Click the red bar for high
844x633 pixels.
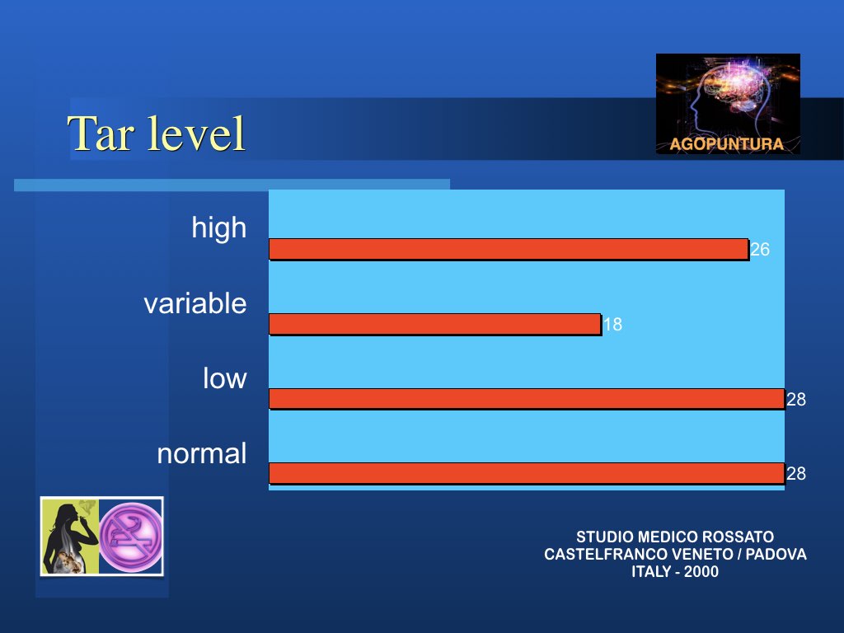[x=509, y=249]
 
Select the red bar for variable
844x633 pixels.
[x=435, y=324]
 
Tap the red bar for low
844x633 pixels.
[x=527, y=399]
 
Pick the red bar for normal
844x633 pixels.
[x=527, y=473]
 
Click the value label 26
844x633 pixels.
[x=759, y=249]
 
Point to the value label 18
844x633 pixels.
[x=612, y=324]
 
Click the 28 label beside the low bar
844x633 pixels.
[x=796, y=399]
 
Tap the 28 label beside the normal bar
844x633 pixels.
[x=796, y=473]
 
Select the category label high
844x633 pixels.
[x=219, y=228]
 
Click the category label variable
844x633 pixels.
[x=195, y=303]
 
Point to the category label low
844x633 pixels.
[x=225, y=377]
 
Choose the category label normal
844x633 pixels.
[x=202, y=453]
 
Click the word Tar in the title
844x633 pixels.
[x=100, y=133]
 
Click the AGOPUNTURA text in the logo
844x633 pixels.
[x=727, y=144]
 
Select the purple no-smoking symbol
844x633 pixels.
[x=131, y=537]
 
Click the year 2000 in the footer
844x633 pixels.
[x=701, y=572]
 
